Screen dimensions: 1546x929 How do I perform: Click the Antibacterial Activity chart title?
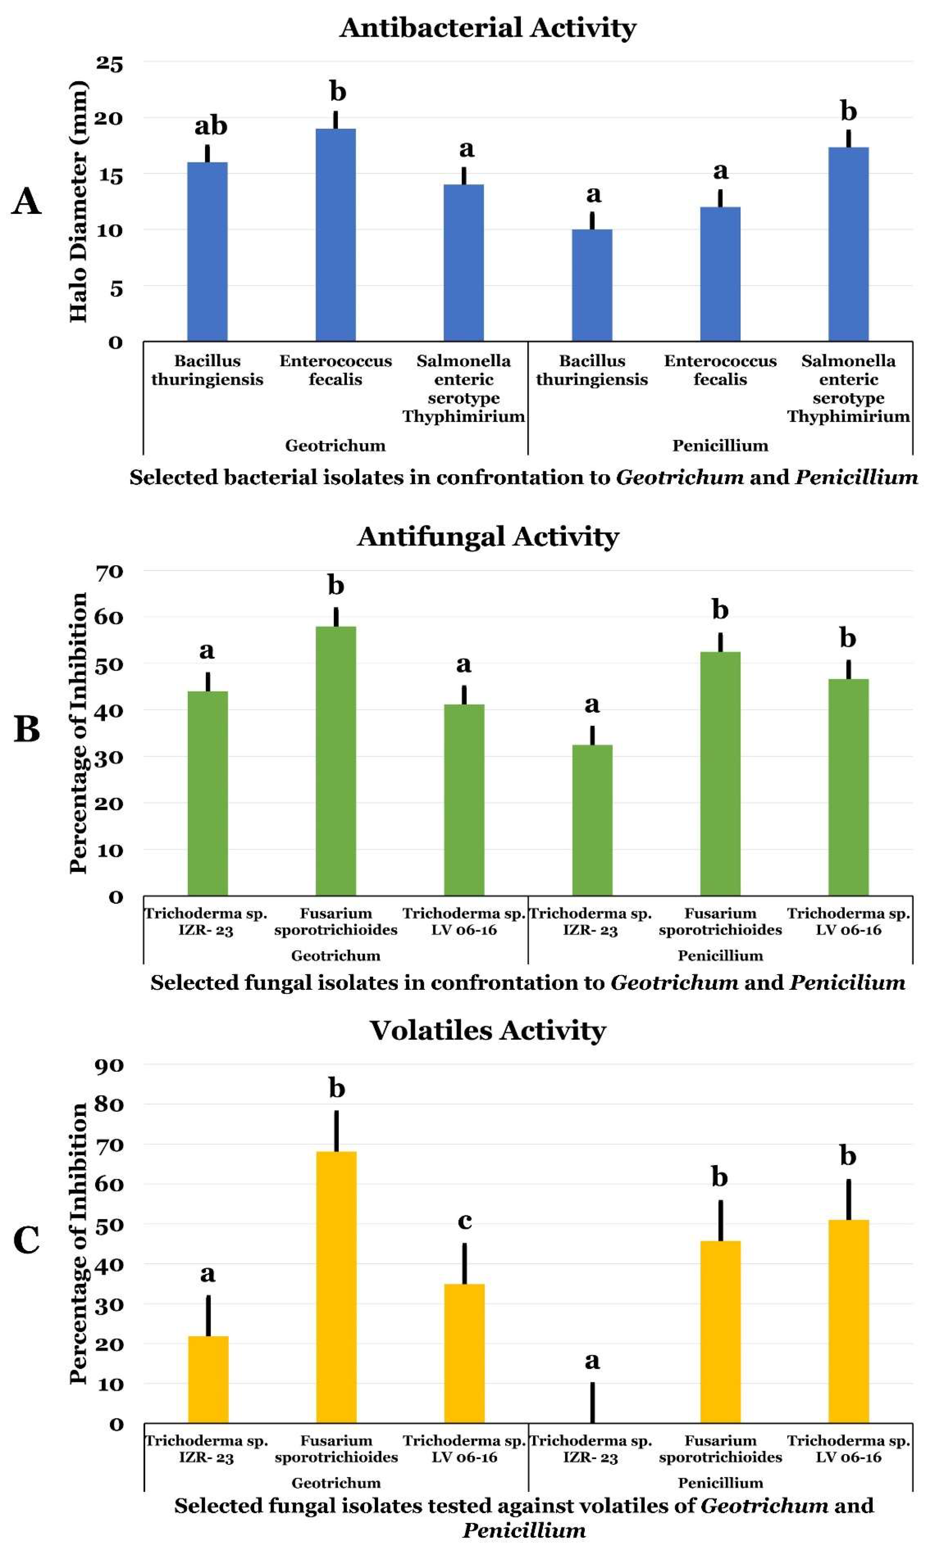488,28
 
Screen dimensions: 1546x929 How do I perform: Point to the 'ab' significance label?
210,126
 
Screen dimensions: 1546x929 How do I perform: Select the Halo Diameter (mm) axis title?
78,201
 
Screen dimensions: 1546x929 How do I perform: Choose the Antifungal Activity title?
488,537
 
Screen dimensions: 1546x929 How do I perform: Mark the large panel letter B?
26,729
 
